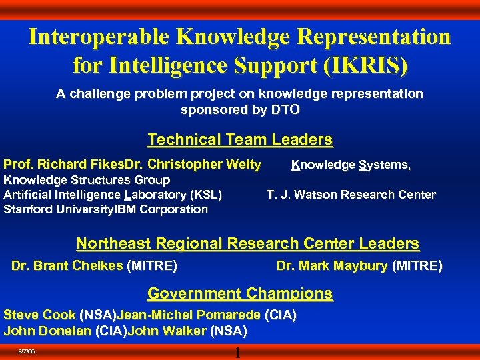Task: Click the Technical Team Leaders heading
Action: click(x=240, y=140)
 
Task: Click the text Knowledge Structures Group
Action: click(x=87, y=180)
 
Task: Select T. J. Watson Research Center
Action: click(x=351, y=195)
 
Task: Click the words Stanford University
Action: click(x=59, y=209)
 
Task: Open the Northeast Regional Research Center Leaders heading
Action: click(x=248, y=244)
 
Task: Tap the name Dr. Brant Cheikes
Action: click(x=67, y=267)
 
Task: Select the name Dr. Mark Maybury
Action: click(x=332, y=267)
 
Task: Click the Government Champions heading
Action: click(x=240, y=293)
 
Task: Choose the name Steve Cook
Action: click(x=40, y=315)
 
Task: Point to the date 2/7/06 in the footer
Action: click(x=27, y=351)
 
